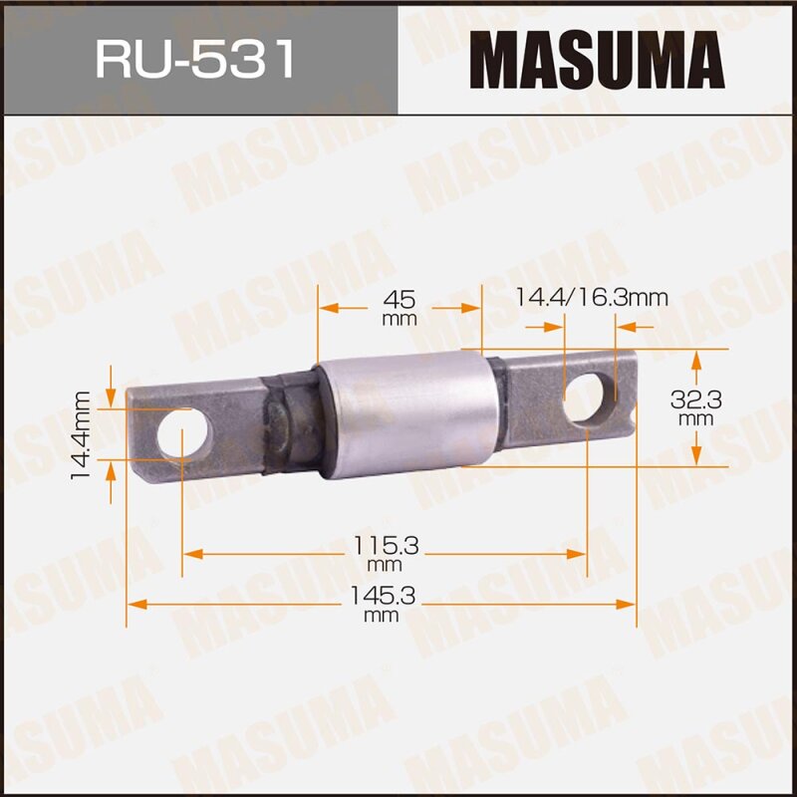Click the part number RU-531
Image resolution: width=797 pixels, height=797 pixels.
[x=196, y=58]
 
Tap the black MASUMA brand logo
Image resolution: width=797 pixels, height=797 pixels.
[x=597, y=58]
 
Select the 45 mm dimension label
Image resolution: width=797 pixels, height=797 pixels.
[x=398, y=306]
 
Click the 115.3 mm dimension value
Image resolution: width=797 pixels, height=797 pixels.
[x=383, y=551]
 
